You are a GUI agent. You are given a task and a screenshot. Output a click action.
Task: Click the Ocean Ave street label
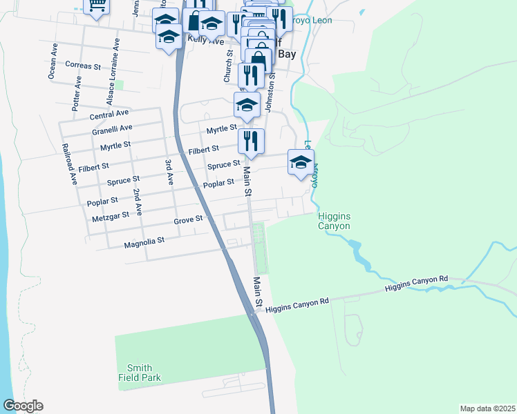(52, 61)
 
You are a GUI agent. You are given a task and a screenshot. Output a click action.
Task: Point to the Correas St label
(83, 65)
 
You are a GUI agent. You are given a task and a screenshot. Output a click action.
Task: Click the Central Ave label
(109, 113)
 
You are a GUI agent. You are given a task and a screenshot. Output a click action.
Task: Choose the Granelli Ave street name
(112, 129)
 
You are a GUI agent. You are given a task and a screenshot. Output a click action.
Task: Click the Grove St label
(188, 219)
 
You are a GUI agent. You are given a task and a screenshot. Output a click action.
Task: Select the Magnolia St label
(144, 242)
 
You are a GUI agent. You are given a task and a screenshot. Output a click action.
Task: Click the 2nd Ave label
(138, 202)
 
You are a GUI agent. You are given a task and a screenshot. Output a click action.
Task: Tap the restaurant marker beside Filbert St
(252, 141)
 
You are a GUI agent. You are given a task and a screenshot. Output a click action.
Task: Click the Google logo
(23, 406)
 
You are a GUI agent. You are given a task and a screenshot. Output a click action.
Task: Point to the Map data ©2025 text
(487, 408)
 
